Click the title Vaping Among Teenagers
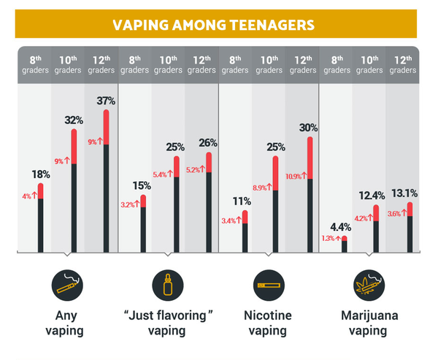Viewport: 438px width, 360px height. [214, 25]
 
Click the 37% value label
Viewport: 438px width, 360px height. [107, 100]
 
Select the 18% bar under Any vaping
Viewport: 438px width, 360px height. [40, 218]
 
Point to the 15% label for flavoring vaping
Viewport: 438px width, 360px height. [143, 185]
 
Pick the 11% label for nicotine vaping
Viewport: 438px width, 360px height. [245, 201]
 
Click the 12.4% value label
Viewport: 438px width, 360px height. [377, 196]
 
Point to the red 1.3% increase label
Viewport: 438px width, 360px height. [331, 238]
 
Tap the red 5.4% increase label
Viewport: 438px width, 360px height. [161, 174]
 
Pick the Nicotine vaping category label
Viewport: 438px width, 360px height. [267, 323]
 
